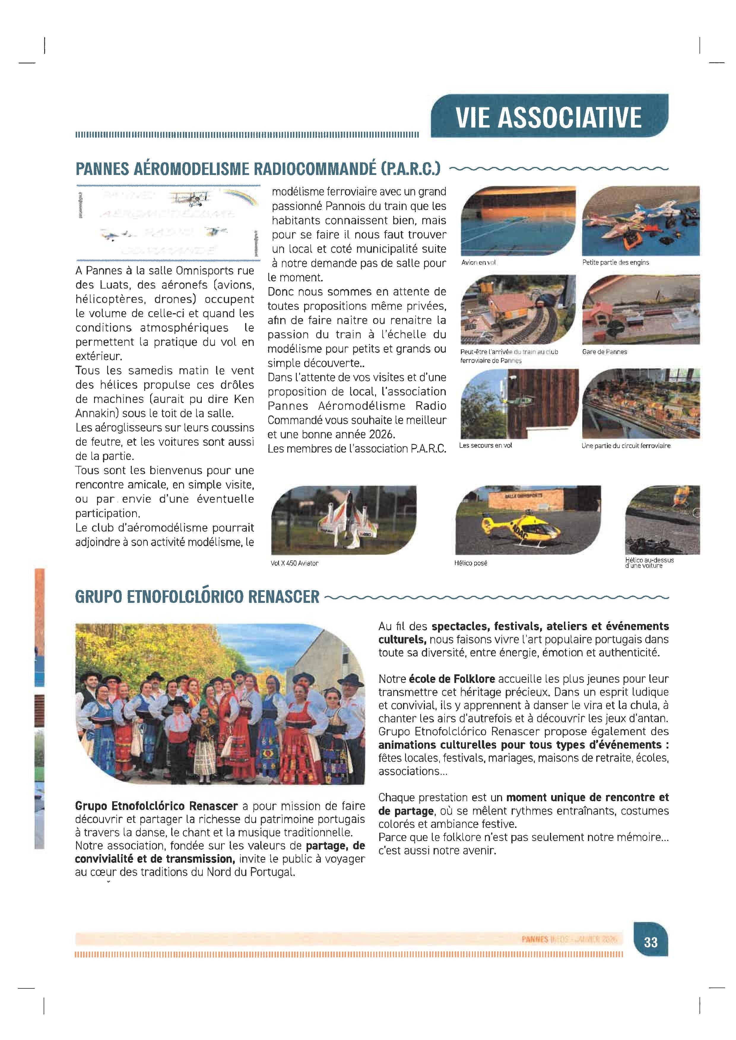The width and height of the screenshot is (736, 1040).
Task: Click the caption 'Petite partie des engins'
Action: [x=616, y=262]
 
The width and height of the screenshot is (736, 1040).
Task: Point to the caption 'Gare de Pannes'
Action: [x=605, y=351]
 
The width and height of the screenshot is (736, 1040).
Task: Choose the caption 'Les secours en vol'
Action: [x=486, y=445]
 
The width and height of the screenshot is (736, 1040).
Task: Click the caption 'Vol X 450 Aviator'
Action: [x=294, y=563]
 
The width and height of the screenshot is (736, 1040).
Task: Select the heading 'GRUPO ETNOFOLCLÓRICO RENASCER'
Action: [x=197, y=597]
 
